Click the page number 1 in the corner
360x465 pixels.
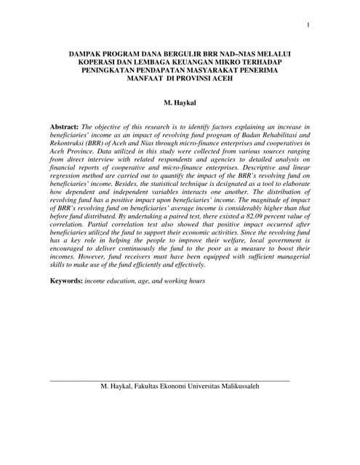pyautogui.click(x=308, y=26)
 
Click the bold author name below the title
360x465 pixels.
pyautogui.click(x=180, y=103)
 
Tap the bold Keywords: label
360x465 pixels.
pyautogui.click(x=71, y=280)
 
